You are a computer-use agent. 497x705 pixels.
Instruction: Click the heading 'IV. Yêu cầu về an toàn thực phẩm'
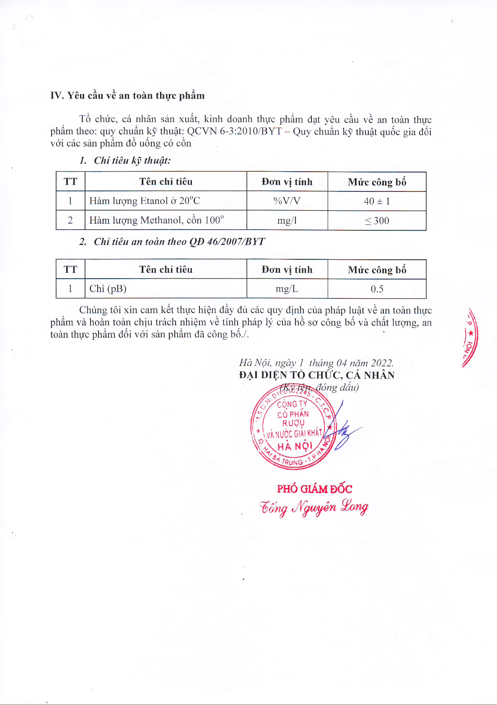(127, 96)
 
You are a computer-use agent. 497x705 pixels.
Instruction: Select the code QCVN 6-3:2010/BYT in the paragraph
(234, 131)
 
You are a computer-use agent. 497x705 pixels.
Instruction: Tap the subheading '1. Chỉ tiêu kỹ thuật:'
(125, 160)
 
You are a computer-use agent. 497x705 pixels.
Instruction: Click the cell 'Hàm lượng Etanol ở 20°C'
(145, 201)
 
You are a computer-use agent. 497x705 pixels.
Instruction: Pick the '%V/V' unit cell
(287, 201)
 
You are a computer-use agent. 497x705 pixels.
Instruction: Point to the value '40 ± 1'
(377, 201)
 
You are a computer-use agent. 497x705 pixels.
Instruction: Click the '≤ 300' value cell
(377, 221)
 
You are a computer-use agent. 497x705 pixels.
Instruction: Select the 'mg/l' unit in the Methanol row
(287, 221)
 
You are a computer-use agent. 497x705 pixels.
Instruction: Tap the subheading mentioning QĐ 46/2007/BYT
(172, 242)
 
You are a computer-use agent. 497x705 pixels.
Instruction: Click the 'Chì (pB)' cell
(108, 289)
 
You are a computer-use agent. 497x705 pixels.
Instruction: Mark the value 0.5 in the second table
(377, 289)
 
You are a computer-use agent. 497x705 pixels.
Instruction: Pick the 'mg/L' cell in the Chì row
(287, 289)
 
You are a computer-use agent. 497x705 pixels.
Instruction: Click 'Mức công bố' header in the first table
(377, 182)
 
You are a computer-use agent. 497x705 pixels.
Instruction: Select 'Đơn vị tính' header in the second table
(287, 269)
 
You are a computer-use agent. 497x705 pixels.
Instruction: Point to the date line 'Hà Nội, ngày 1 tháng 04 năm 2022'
(316, 363)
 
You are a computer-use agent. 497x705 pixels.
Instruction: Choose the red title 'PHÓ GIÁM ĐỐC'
(314, 489)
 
